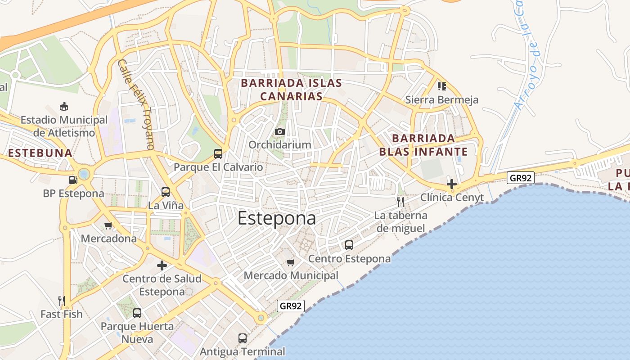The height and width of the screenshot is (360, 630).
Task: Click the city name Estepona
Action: [x=276, y=219]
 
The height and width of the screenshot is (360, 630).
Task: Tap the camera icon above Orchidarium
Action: [x=280, y=131]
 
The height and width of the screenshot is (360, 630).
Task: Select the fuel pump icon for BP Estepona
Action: [x=73, y=180]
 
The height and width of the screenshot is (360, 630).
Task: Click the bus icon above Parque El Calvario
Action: [x=218, y=154]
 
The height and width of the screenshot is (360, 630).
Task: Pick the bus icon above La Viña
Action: [x=166, y=192]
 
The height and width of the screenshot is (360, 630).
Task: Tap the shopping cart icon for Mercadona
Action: [x=108, y=225]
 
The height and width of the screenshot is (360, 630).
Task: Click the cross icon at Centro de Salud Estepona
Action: [x=162, y=265]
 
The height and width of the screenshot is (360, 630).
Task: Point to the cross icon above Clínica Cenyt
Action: [x=452, y=184]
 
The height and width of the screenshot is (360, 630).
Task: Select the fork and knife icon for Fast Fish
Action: [x=62, y=301]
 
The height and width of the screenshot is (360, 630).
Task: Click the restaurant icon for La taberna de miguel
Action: [x=400, y=202]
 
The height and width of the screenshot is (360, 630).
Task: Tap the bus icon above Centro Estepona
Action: [x=349, y=245]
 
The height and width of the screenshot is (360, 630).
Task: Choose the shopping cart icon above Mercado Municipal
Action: [x=291, y=262]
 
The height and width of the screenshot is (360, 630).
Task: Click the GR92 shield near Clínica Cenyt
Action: [x=521, y=178]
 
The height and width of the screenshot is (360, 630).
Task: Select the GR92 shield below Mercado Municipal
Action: [x=291, y=306]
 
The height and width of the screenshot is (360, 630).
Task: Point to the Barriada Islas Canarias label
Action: [x=292, y=90]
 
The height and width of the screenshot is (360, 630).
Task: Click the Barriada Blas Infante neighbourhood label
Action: [x=423, y=144]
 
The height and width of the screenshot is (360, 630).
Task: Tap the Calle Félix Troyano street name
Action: [x=136, y=104]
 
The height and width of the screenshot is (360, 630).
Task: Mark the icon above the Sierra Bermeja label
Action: [x=441, y=86]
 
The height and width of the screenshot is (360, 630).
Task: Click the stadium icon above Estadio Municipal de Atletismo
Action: [x=64, y=107]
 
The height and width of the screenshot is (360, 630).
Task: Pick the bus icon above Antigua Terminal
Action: [x=243, y=338]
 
